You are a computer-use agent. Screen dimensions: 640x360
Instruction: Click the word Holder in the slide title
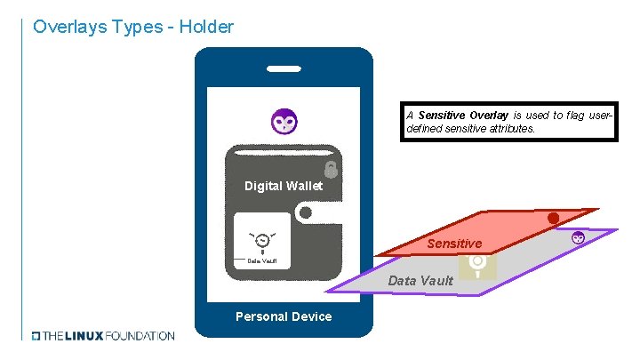(x=206, y=27)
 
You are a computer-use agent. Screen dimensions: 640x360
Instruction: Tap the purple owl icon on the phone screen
(x=284, y=120)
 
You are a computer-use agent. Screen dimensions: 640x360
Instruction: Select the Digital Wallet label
(x=284, y=186)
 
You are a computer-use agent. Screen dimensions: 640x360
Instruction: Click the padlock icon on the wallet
(x=331, y=169)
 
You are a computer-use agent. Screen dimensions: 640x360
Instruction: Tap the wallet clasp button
(x=305, y=213)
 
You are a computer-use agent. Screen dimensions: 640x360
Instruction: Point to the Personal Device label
(x=284, y=316)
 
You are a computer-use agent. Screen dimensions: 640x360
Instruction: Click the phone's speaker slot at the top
(x=284, y=68)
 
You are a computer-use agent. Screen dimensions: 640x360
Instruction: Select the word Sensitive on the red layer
(x=454, y=244)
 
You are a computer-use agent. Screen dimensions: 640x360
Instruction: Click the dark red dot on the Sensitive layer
(x=553, y=218)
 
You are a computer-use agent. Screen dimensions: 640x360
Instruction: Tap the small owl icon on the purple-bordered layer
(x=578, y=236)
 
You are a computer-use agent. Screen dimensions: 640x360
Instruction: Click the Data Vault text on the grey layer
(x=420, y=281)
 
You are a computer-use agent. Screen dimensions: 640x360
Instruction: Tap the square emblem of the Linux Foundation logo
(x=36, y=336)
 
